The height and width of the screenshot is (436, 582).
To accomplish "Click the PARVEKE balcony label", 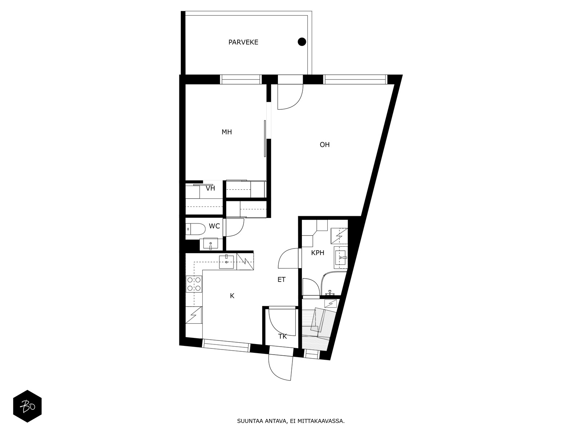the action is [243, 43].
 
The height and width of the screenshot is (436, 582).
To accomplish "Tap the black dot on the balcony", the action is [302, 42].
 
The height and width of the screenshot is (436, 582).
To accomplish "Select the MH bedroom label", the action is [227, 132].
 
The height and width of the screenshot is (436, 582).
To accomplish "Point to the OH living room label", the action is [324, 145].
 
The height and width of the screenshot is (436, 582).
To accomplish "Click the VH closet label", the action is [211, 189].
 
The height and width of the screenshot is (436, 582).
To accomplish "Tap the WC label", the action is [214, 226].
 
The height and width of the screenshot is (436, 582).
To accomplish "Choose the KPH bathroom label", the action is [318, 253].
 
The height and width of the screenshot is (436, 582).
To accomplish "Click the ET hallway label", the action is [281, 279].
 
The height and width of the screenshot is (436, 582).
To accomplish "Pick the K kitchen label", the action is [232, 296].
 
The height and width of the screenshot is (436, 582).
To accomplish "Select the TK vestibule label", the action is [282, 336].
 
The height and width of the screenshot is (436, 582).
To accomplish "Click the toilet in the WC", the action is [196, 229].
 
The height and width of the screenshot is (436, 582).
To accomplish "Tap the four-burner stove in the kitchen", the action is [194, 284].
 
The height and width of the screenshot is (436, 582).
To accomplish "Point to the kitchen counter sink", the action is [227, 262].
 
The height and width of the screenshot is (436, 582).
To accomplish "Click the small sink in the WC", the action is [211, 243].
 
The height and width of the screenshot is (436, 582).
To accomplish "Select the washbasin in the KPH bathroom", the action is [340, 257].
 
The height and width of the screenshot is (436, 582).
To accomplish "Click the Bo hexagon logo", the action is [27, 406].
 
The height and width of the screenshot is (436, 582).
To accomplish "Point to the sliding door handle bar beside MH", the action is [264, 138].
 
